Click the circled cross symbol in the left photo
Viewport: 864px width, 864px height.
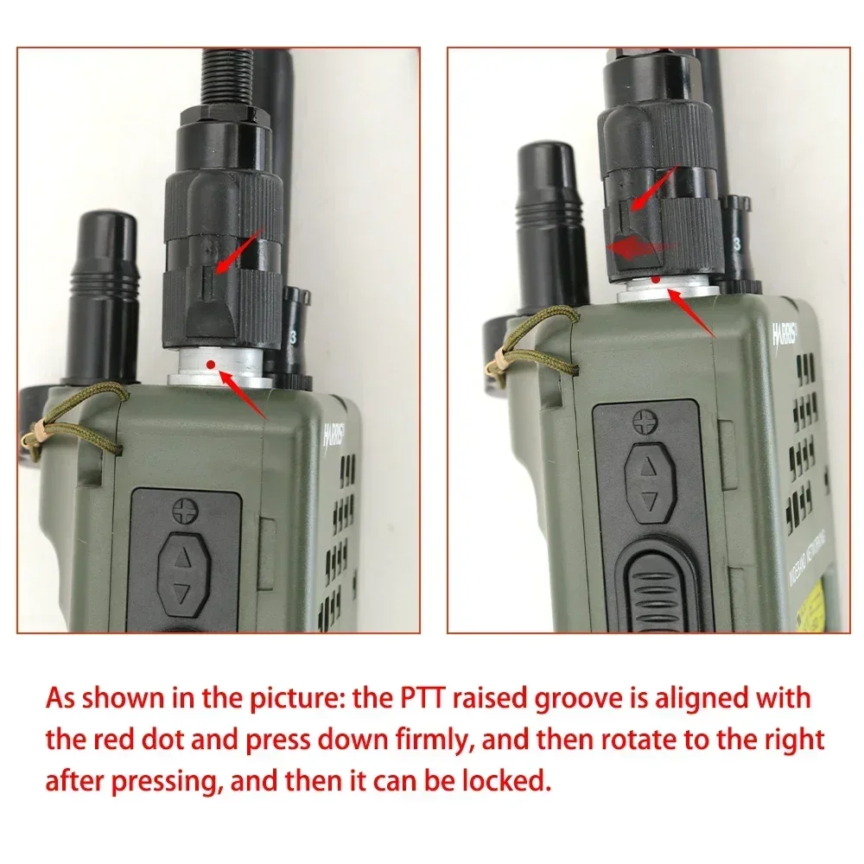[182, 511]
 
